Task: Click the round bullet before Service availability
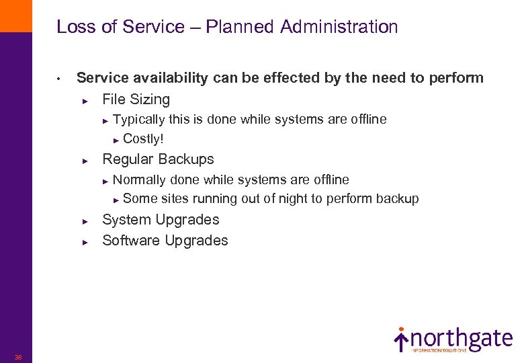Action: tap(59, 79)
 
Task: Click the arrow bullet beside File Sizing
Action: tap(85, 101)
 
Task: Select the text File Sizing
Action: tap(136, 99)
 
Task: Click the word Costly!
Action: tap(143, 139)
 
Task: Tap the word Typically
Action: tap(139, 120)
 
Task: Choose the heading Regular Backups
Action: tap(158, 159)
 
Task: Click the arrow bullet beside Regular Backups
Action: tap(85, 161)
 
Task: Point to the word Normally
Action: tap(140, 179)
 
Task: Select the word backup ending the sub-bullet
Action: tap(397, 199)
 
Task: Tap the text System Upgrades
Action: tap(161, 220)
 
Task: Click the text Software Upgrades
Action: tap(165, 241)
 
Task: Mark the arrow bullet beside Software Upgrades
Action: tap(85, 242)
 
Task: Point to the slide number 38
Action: tap(18, 357)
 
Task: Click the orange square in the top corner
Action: tap(15, 15)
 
